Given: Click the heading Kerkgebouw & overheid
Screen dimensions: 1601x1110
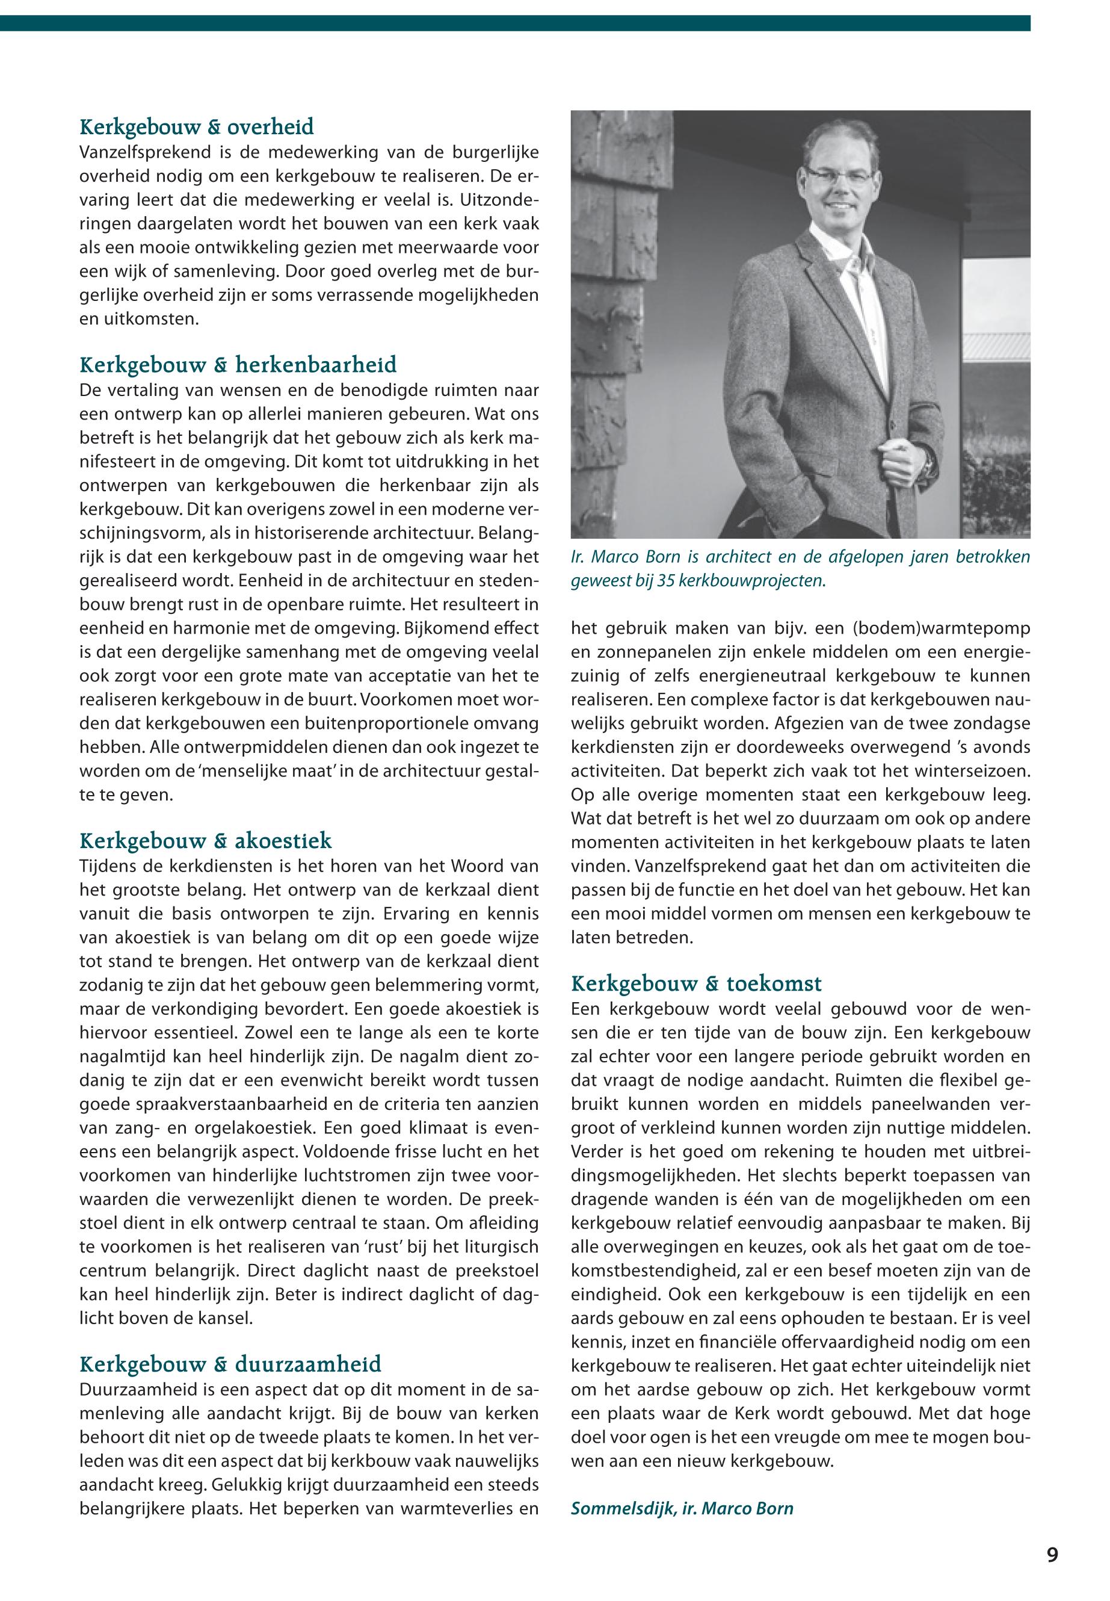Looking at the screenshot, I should pyautogui.click(x=197, y=128).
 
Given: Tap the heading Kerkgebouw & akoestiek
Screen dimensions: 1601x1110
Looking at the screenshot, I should pyautogui.click(x=206, y=841).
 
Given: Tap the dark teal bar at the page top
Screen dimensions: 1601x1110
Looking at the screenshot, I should pyautogui.click(x=514, y=23).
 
